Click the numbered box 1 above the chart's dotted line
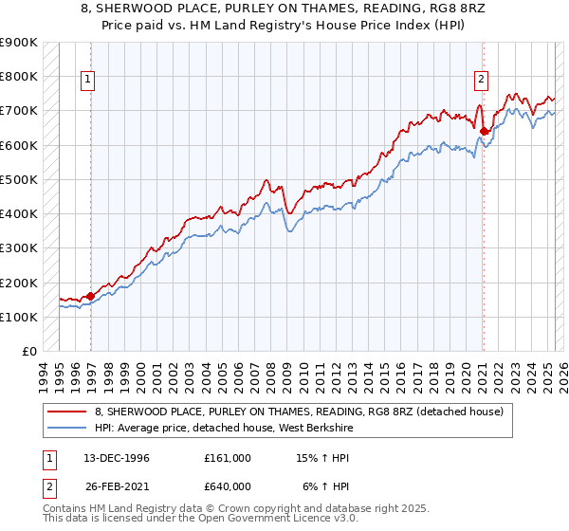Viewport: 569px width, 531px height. point(87,81)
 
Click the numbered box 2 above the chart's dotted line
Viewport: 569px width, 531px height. point(482,81)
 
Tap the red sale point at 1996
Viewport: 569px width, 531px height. point(91,296)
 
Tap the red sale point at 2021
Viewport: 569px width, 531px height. point(484,131)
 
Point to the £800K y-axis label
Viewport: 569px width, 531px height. point(19,76)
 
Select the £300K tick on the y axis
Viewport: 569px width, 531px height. point(19,248)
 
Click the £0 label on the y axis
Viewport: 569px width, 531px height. point(28,352)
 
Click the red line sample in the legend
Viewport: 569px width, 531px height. point(66,412)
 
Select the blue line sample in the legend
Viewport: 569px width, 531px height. point(66,428)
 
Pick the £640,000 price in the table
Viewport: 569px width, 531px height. point(228,486)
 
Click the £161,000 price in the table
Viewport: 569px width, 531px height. point(228,458)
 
